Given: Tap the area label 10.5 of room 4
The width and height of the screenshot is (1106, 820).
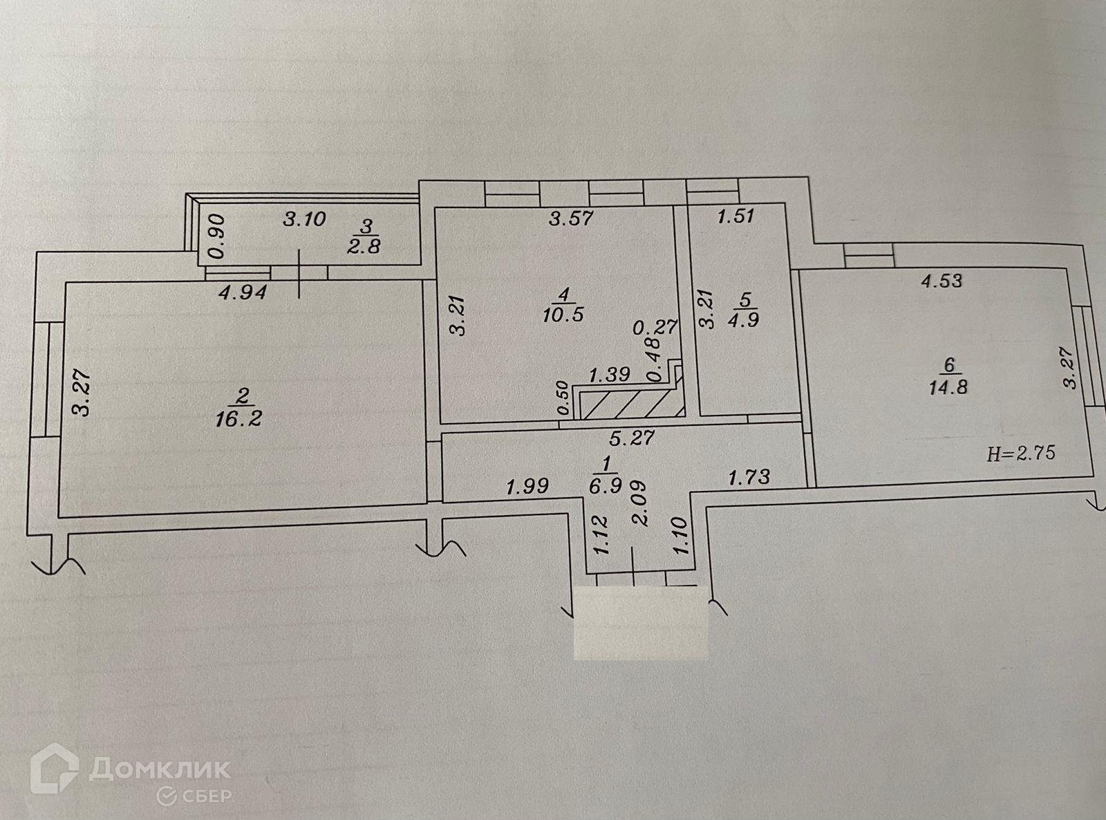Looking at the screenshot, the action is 564,315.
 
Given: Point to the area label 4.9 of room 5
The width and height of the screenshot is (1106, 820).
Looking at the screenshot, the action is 744,320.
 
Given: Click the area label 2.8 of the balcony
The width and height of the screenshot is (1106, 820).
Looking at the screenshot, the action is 365,245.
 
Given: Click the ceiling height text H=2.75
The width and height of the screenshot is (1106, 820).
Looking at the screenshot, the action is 1020,454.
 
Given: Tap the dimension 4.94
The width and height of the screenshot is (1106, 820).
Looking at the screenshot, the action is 242,292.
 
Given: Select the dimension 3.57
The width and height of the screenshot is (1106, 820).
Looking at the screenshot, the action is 571,218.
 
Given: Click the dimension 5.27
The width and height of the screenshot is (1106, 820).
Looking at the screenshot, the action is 632,438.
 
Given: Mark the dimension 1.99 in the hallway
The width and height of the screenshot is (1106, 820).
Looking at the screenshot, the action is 527,487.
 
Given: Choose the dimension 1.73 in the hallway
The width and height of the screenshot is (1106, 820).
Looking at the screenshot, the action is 749,476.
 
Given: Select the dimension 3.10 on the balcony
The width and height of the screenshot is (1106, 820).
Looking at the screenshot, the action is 304,220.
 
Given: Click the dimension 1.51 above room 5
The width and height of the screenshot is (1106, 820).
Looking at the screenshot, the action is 735,216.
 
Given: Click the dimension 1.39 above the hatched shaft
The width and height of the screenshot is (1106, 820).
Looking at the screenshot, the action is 608,375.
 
